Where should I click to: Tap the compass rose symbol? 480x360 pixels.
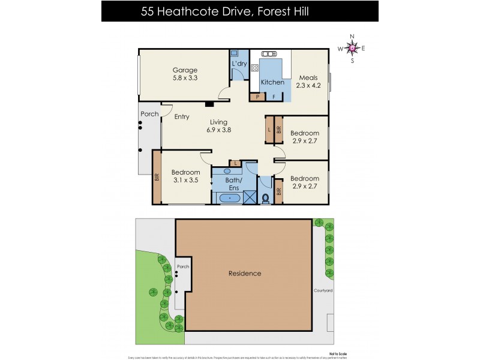click(352, 49)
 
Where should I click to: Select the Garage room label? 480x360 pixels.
click(185, 74)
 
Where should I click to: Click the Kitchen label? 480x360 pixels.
click(272, 82)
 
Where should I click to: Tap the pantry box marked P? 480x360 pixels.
click(257, 97)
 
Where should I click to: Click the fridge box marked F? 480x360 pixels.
click(274, 97)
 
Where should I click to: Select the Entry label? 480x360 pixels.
click(182, 117)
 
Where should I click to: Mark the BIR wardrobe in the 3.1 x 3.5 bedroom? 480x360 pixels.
click(157, 177)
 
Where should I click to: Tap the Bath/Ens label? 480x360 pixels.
click(233, 183)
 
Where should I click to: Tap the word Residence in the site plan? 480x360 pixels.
click(245, 274)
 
